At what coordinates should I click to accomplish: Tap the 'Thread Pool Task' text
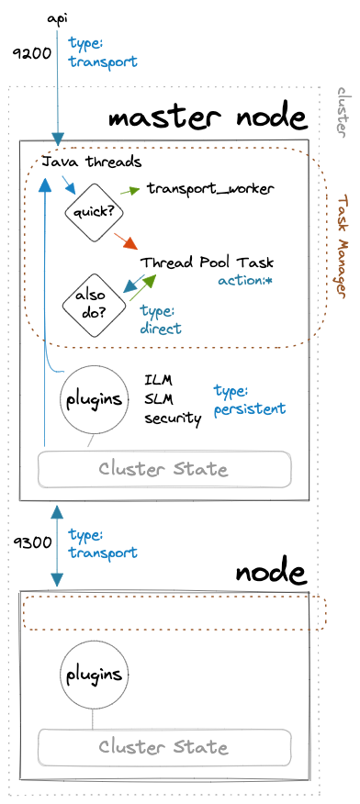click(x=207, y=237)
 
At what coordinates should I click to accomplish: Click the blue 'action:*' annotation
click(x=245, y=254)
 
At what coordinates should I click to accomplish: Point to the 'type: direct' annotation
click(x=161, y=295)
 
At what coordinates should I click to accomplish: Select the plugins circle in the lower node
click(x=92, y=675)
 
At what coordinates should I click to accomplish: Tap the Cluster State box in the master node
click(x=163, y=469)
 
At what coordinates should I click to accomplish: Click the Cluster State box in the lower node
click(x=163, y=746)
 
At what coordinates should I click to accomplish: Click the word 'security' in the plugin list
click(x=172, y=418)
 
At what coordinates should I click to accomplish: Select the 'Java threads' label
click(x=92, y=162)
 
